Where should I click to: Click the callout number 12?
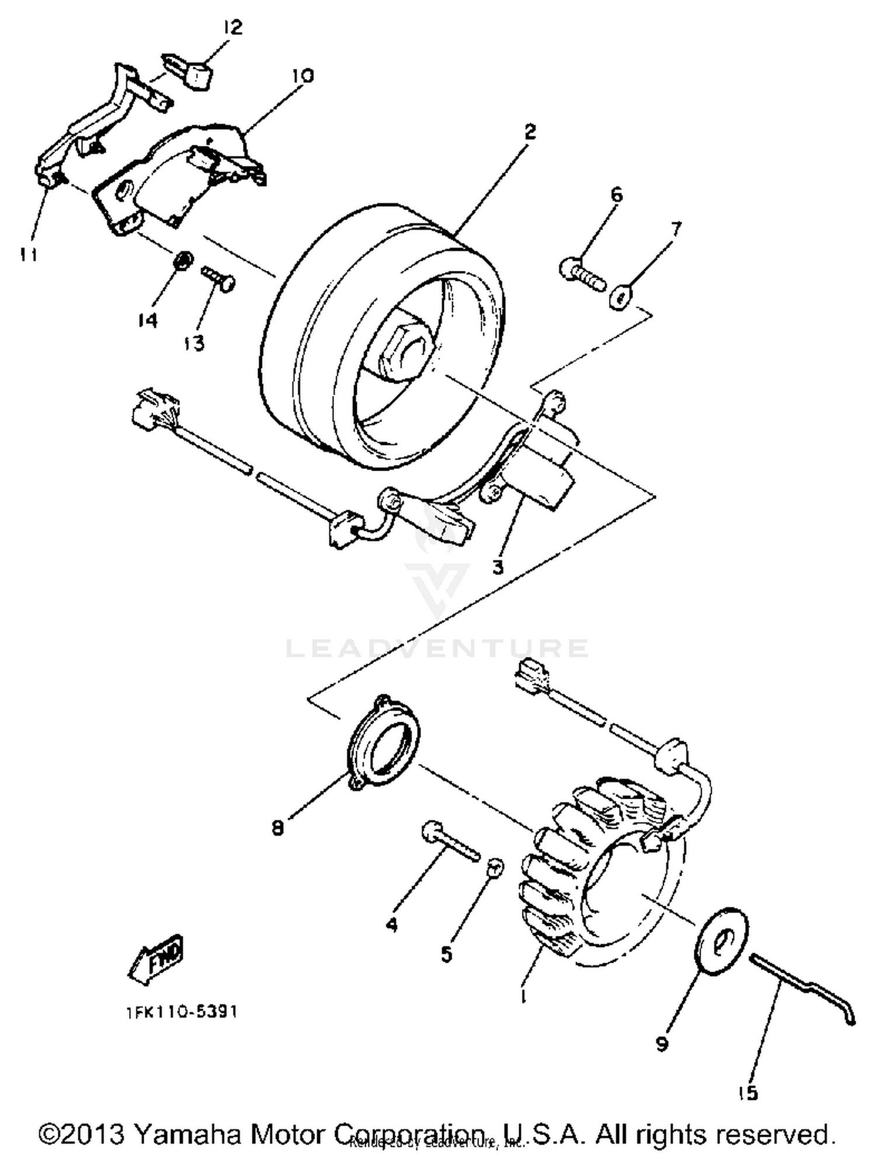232,27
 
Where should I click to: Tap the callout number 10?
303,76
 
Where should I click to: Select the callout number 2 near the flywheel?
529,132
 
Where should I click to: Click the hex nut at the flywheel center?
403,349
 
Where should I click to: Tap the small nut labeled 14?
183,260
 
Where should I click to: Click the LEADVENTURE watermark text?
437,648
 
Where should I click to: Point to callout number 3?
498,566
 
